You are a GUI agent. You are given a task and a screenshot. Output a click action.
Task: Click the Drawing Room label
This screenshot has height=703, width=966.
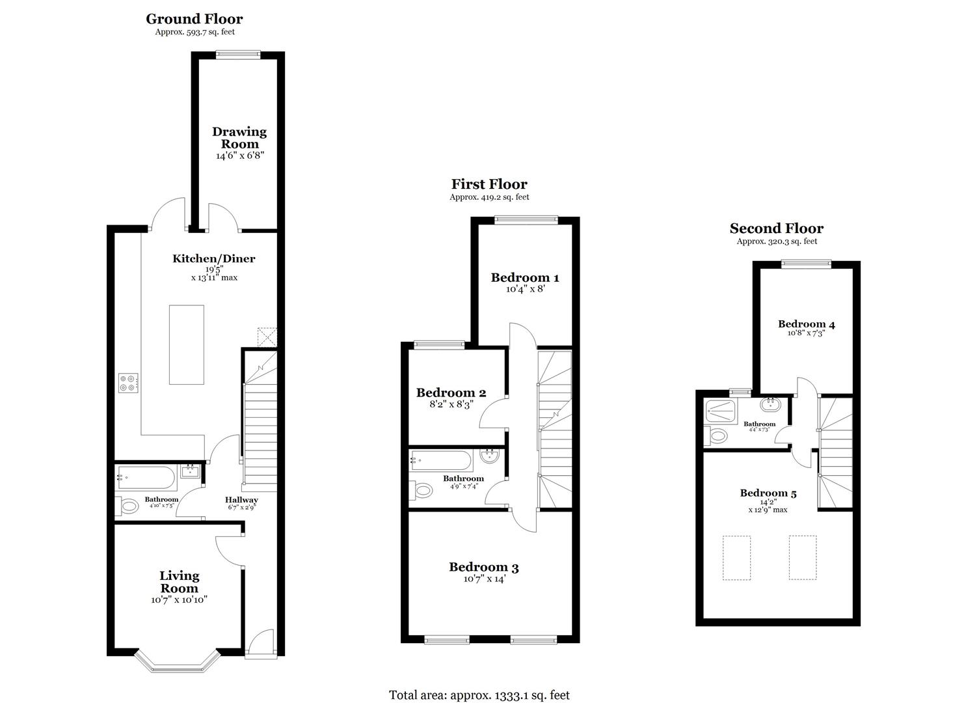coord(239,138)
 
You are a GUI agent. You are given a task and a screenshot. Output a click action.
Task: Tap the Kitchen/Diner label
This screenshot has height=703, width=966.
coord(213,258)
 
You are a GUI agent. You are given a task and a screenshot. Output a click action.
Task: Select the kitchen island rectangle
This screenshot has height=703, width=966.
coord(187,344)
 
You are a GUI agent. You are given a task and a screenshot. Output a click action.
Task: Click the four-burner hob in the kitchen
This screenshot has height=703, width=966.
coord(127,383)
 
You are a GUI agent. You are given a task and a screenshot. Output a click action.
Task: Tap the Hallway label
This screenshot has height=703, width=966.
coord(243,500)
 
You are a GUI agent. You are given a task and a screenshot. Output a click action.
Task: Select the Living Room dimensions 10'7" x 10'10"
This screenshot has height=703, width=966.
coord(179,600)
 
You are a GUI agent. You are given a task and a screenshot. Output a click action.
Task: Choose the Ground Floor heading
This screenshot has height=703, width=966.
coord(194,19)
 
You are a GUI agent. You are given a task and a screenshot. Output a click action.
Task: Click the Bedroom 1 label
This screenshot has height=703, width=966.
coord(524,278)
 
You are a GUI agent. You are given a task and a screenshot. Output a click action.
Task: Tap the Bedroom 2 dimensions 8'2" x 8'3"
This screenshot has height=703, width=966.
coord(450,404)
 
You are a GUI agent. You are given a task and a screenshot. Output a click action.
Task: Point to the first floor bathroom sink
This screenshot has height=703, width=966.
coord(490,457)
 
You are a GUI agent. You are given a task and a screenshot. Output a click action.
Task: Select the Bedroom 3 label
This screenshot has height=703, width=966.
coord(483,567)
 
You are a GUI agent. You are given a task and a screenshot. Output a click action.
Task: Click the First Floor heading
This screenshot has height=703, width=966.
coord(489,184)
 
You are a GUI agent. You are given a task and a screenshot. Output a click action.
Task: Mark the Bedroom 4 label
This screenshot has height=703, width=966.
coord(806,324)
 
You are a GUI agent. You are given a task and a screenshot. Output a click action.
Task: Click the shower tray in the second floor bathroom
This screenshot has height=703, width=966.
coord(721,411)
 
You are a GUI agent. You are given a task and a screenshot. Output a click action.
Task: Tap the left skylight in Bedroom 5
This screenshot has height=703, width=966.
coord(736,558)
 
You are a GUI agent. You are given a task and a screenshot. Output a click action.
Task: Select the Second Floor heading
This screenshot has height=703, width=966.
coord(776,228)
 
